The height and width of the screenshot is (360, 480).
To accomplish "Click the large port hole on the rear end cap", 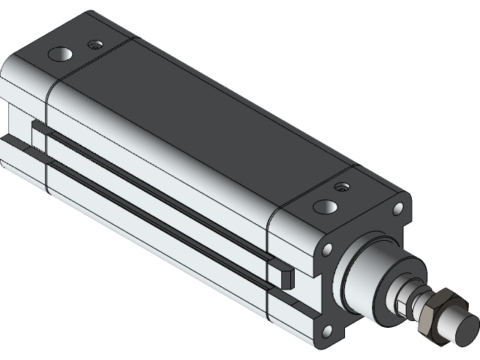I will click(59, 54).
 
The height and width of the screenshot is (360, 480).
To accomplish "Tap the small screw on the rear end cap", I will click(93, 44).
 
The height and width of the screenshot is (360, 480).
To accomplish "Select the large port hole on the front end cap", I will click(325, 206).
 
